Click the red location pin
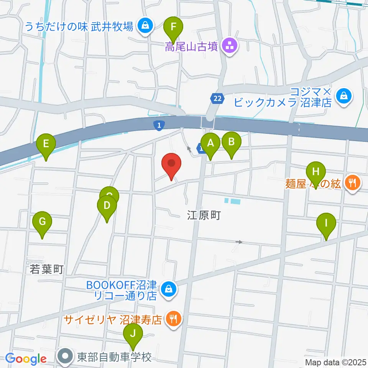pyautogui.click(x=171, y=165)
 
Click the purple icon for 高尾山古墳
pyautogui.click(x=231, y=48)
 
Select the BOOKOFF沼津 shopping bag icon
pyautogui.click(x=169, y=290)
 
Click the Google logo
pyautogui.click(x=26, y=359)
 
